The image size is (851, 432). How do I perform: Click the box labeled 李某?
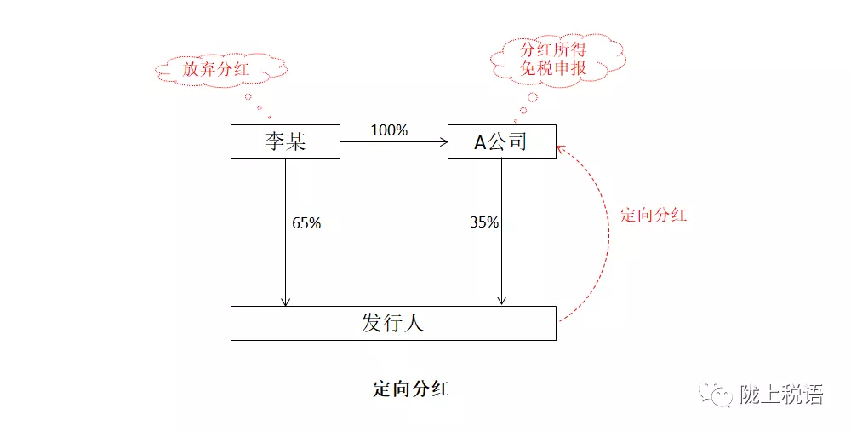click(285, 141)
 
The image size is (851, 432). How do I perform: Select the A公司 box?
click(501, 141)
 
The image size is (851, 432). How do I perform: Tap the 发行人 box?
click(393, 324)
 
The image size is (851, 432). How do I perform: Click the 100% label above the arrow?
click(389, 130)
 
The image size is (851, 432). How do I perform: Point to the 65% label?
click(306, 223)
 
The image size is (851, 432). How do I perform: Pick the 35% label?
click(484, 223)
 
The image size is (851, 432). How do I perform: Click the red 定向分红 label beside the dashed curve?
click(653, 215)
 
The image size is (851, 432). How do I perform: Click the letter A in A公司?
click(480, 141)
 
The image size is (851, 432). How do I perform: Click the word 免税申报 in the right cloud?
click(554, 68)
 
